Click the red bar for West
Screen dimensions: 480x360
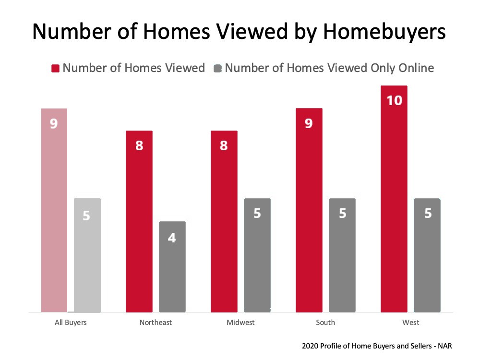394,199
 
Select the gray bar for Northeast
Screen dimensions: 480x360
172,266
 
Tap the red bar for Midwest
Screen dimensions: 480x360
224,221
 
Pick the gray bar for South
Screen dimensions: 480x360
342,255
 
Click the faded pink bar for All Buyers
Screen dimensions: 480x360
54,210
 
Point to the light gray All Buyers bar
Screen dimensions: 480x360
87,255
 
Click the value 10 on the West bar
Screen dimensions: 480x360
394,100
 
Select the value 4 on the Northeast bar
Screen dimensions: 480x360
172,238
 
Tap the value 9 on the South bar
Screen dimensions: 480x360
309,123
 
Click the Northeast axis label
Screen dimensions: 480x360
156,323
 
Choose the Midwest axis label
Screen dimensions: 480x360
240,323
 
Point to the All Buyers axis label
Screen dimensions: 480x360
71,323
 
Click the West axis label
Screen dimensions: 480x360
410,323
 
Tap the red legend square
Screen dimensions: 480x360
55,68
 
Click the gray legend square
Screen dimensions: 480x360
217,68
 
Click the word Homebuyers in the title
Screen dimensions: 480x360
384,31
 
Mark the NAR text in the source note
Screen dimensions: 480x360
445,346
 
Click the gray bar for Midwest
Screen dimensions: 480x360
257,255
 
